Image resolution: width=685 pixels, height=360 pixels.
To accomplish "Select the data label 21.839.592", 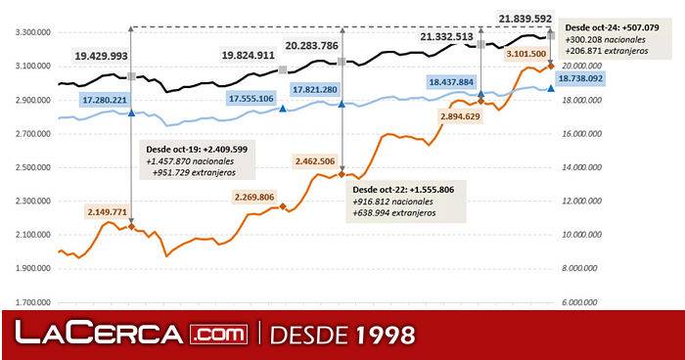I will [538, 19].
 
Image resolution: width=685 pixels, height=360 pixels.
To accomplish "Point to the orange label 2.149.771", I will [108, 210].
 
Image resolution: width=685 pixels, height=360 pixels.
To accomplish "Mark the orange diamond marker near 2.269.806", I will [284, 206].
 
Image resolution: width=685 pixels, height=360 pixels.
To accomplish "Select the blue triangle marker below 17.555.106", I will [284, 109].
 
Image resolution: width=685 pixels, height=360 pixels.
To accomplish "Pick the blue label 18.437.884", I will [451, 82].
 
